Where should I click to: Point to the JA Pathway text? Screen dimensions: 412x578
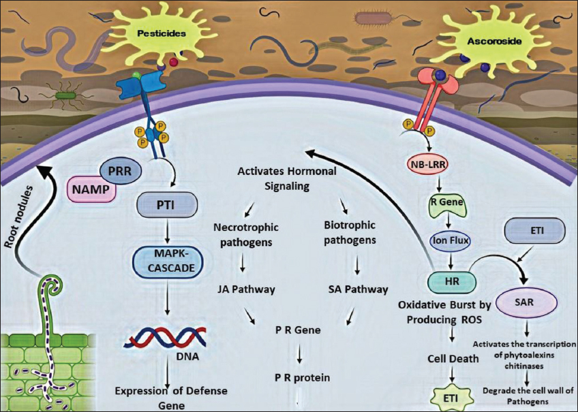pyautogui.click(x=244, y=289)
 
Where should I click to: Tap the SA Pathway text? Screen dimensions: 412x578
pyautogui.click(x=358, y=289)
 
